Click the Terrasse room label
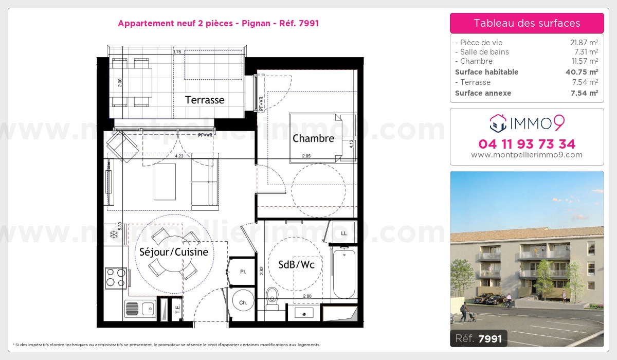(x=205, y=100)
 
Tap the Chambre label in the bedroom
(x=313, y=138)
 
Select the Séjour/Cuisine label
(x=174, y=252)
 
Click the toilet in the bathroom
(x=273, y=297)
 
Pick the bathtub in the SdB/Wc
(x=344, y=273)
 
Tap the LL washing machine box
(x=344, y=233)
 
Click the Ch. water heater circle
(x=243, y=303)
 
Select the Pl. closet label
(x=242, y=272)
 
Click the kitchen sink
(x=139, y=309)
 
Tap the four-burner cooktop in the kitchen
(x=116, y=278)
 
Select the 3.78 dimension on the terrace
(x=176, y=52)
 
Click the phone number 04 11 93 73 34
(x=527, y=143)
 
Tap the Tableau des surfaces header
(x=527, y=23)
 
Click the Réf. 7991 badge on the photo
(x=479, y=338)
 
